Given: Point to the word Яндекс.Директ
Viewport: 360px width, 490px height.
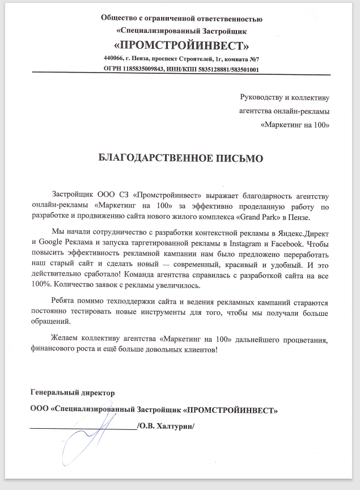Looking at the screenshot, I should [299, 233].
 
